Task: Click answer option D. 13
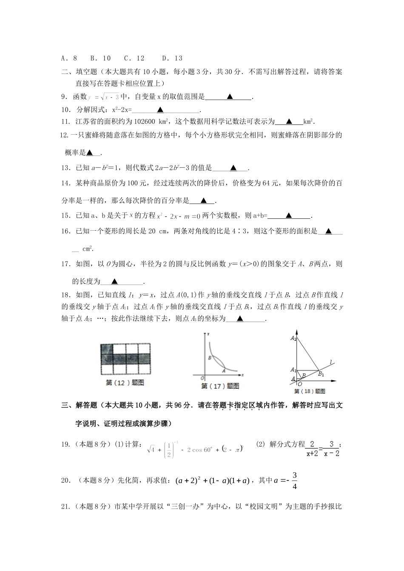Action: pos(172,58)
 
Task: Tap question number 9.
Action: pos(65,97)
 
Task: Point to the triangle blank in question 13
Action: pos(233,168)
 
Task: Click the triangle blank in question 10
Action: pos(160,110)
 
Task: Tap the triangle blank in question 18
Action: pos(240,318)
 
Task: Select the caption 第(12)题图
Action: pos(125,382)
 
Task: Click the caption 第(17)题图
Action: pos(220,386)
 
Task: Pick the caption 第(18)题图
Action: pos(310,391)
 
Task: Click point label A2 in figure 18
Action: pos(293,338)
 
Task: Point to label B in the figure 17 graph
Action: pos(210,358)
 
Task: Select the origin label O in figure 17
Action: pos(203,378)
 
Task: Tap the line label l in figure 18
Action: pos(331,362)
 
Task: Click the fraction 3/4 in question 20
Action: pos(294,481)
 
